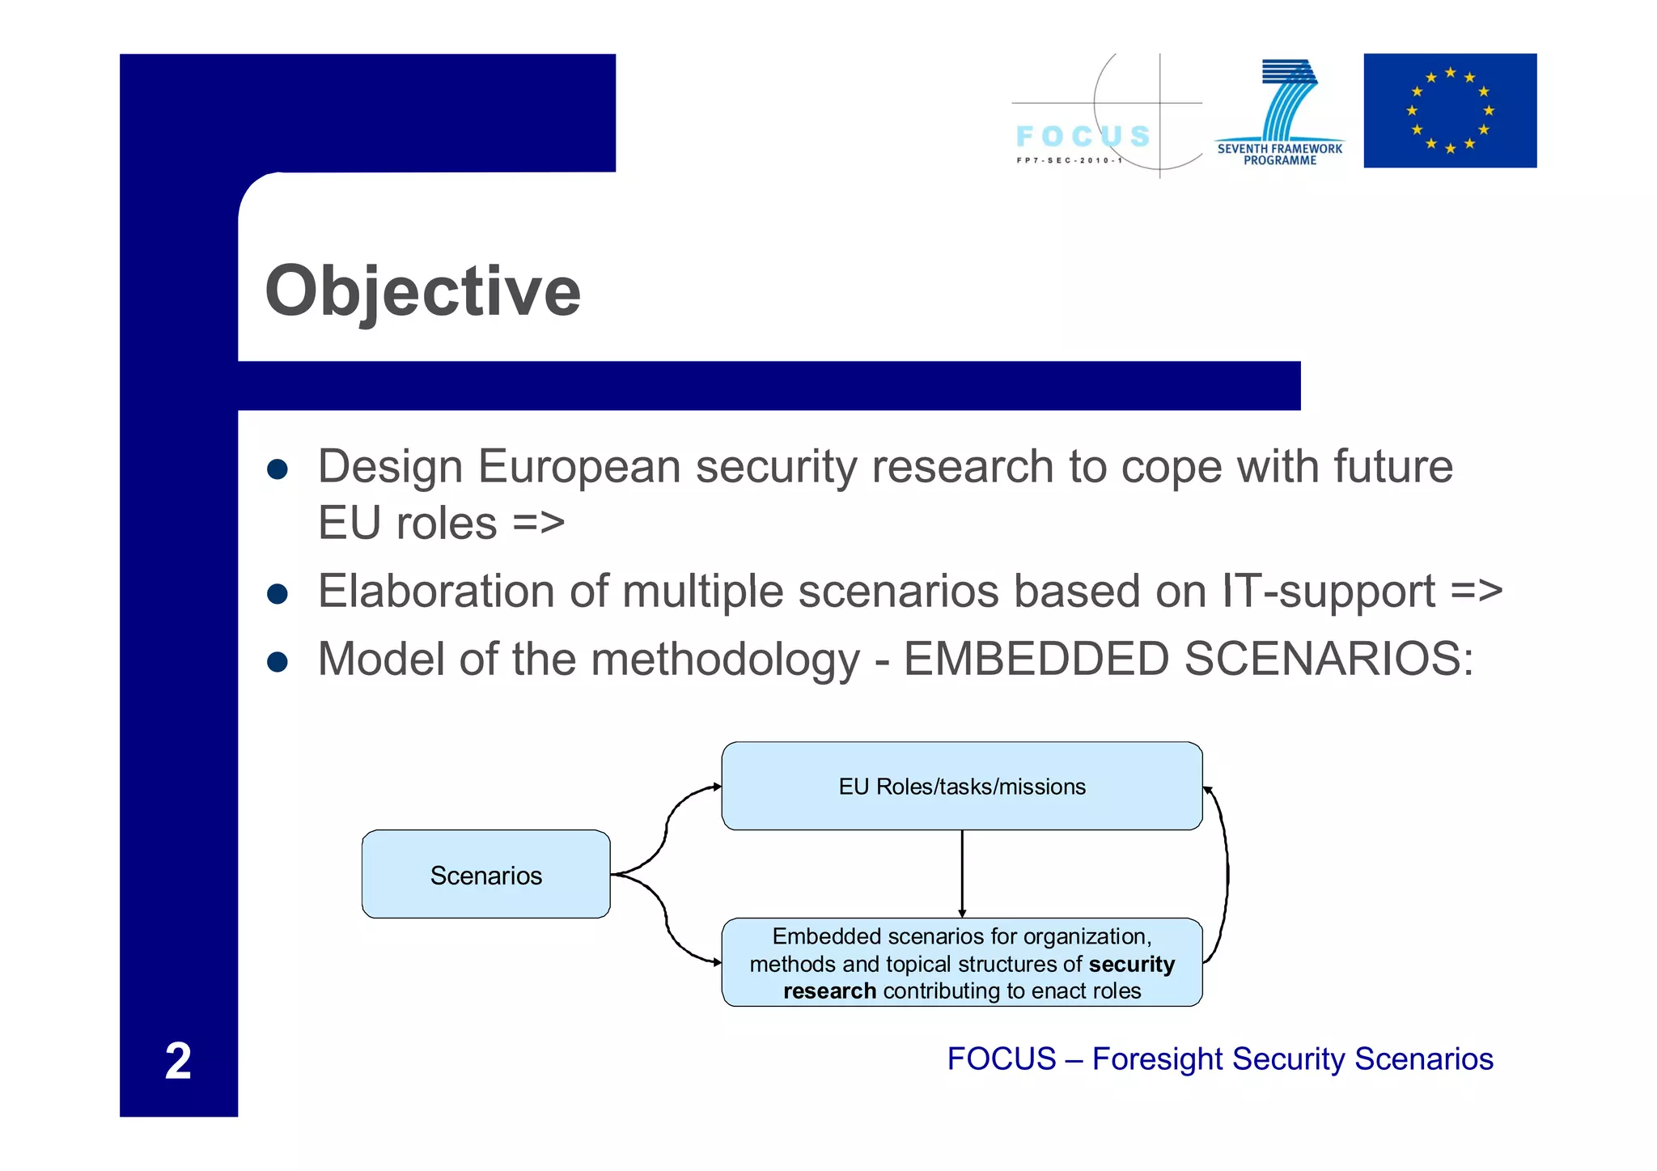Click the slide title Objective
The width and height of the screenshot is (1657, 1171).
[x=422, y=291]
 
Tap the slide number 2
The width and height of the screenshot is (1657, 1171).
[x=178, y=1060]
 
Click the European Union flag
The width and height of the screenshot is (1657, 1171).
[x=1449, y=111]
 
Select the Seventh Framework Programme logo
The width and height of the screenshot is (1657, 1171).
[x=1280, y=113]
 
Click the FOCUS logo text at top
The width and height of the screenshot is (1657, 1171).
[x=1083, y=136]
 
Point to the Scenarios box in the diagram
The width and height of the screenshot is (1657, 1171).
[x=485, y=874]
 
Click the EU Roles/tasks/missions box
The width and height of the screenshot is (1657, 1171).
[x=961, y=786]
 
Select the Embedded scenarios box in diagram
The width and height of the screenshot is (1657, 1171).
[x=961, y=962]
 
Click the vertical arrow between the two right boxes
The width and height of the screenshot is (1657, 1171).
[x=962, y=874]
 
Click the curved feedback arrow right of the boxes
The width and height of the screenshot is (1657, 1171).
[x=1227, y=874]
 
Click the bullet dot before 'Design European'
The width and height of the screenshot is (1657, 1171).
[x=278, y=469]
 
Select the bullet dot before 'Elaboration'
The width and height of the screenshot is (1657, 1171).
[x=278, y=594]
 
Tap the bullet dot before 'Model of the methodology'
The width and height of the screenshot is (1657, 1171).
[x=278, y=662]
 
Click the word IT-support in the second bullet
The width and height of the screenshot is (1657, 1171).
[x=1329, y=591]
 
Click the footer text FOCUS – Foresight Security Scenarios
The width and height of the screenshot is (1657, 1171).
[x=1219, y=1059]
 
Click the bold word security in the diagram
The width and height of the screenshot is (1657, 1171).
[x=1131, y=964]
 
